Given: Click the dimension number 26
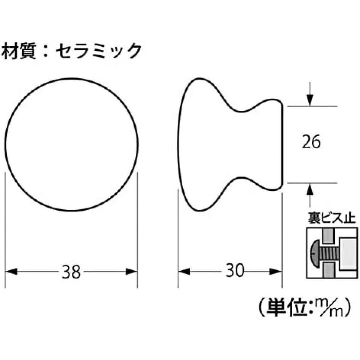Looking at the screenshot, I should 311,143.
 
